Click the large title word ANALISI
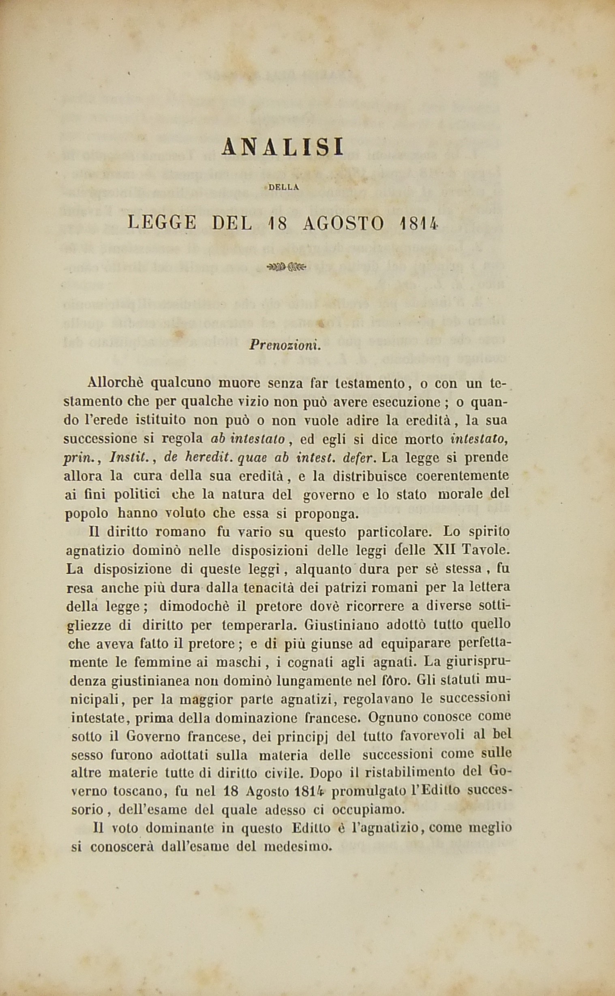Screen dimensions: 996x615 283,147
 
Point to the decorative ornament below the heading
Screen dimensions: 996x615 286,267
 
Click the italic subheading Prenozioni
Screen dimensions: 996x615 285,345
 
